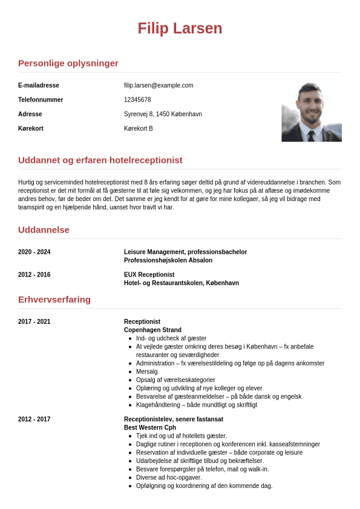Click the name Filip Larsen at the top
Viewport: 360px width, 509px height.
[180, 28]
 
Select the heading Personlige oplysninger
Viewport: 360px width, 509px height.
[68, 64]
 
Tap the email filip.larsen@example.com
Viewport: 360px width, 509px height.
[159, 85]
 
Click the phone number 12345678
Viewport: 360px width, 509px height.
[137, 100]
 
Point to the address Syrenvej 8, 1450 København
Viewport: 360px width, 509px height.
[163, 114]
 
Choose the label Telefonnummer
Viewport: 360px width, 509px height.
[41, 100]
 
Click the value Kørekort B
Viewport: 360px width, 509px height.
[139, 129]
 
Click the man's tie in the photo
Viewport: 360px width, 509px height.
[311, 136]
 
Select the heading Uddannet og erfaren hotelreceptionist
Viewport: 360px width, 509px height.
[100, 160]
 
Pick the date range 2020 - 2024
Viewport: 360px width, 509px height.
[34, 252]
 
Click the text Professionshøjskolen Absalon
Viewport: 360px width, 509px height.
[168, 261]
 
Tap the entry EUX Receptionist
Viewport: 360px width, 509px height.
[149, 275]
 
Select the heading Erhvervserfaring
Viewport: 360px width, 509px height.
[54, 300]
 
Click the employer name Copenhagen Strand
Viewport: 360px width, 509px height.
[149, 330]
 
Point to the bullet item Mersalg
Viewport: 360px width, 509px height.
[147, 372]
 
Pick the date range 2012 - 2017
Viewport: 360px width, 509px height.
[34, 419]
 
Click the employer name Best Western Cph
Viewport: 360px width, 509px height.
[150, 428]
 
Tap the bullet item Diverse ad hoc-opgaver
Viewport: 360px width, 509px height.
[169, 478]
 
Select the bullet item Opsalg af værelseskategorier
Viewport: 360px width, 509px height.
[175, 380]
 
